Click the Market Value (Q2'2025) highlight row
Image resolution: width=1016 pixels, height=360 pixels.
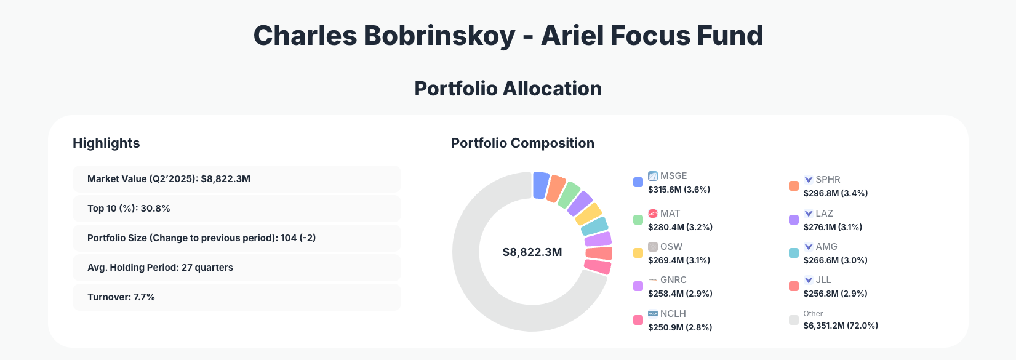pyautogui.click(x=236, y=179)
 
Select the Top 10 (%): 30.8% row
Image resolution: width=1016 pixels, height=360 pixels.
pyautogui.click(x=236, y=209)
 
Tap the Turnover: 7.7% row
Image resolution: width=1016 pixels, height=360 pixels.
pyautogui.click(x=236, y=297)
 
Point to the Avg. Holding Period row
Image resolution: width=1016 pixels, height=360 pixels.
pyautogui.click(x=236, y=268)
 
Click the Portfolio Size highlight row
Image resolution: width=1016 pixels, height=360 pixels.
pyautogui.click(x=236, y=238)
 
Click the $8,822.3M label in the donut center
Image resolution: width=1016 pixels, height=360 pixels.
pyautogui.click(x=532, y=252)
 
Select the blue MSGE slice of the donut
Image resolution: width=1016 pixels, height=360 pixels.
pyautogui.click(x=540, y=185)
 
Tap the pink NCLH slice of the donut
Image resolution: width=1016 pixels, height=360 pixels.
pyautogui.click(x=597, y=267)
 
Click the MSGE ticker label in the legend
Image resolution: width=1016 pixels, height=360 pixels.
pyautogui.click(x=673, y=176)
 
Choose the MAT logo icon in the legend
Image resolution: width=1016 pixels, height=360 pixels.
pyautogui.click(x=653, y=214)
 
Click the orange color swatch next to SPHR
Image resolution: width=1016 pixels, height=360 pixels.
pyautogui.click(x=794, y=186)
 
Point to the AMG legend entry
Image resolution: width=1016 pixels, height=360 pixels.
pyautogui.click(x=826, y=247)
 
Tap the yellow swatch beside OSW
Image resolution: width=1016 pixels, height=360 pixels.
pyautogui.click(x=638, y=253)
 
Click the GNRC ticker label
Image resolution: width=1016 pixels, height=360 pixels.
pyautogui.click(x=673, y=280)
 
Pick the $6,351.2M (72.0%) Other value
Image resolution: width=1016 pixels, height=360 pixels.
pyautogui.click(x=841, y=326)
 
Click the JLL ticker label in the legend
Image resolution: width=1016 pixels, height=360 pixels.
pyautogui.click(x=823, y=280)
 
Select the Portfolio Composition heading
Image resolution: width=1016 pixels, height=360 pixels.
pyautogui.click(x=522, y=143)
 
